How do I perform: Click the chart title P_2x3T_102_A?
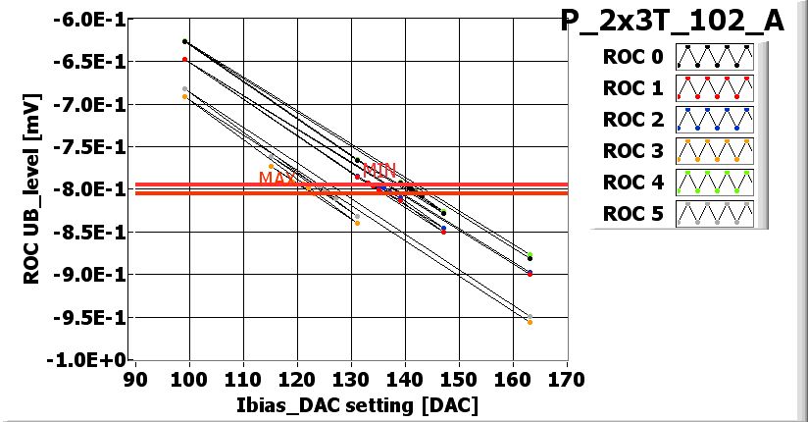[x=672, y=21]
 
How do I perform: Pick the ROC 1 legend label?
[x=633, y=88]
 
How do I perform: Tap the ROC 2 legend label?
[x=633, y=120]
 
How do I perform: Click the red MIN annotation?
[x=379, y=170]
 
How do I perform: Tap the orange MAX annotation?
[x=277, y=179]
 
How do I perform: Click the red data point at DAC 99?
[x=184, y=60]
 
